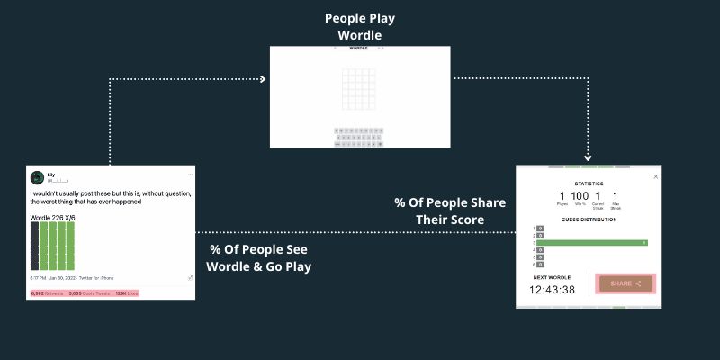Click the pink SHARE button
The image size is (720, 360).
click(626, 283)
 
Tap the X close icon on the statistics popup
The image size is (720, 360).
click(655, 176)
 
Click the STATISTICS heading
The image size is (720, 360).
click(589, 184)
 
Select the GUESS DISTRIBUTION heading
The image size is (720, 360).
click(590, 220)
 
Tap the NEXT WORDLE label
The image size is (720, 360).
click(550, 277)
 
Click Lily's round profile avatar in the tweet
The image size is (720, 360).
click(37, 178)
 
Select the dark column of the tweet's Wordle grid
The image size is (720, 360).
click(34, 246)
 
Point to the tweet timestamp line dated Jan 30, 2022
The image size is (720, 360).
click(71, 279)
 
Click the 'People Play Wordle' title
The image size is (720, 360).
click(359, 26)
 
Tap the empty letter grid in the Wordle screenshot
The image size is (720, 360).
click(359, 89)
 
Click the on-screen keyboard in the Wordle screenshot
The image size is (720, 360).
click(359, 137)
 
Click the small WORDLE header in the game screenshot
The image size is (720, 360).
click(359, 48)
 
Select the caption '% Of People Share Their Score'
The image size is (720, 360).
click(451, 211)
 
